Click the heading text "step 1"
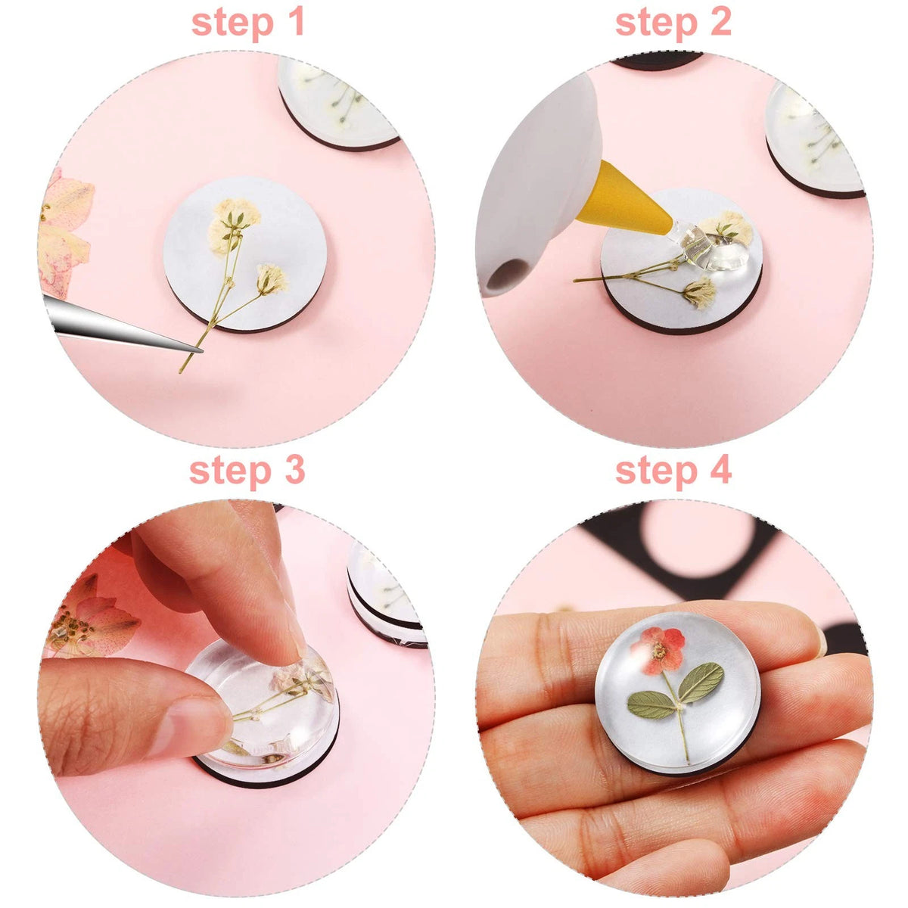click(x=247, y=23)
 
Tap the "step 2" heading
click(x=673, y=23)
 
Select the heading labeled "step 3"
click(x=247, y=471)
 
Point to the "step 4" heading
click(x=673, y=471)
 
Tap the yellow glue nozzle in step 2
click(x=622, y=202)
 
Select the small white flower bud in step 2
click(x=699, y=292)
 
